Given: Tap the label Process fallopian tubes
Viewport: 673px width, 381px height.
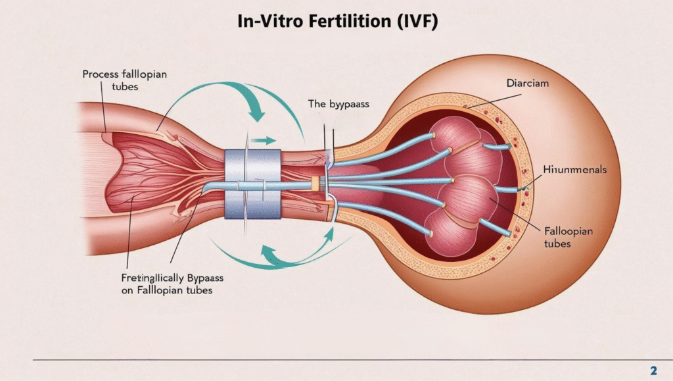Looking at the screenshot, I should coord(124,80).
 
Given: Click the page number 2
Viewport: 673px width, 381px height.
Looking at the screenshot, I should coord(653,370).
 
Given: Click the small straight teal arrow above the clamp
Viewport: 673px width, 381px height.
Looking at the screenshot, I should coord(264,140).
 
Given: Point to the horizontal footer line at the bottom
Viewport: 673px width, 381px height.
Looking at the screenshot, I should coord(329,360).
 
